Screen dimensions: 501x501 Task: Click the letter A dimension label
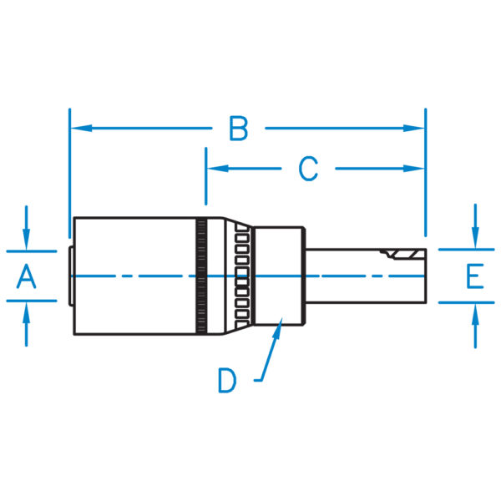tap(27, 276)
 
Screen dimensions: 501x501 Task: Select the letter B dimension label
tap(239, 129)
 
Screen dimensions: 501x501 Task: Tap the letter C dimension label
tap(309, 169)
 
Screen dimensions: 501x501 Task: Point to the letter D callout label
tap(227, 380)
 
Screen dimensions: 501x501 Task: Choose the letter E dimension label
tap(474, 276)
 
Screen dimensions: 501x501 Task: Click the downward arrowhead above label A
tap(27, 240)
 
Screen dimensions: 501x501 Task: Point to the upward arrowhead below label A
tap(27, 311)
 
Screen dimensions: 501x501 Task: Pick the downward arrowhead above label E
tap(474, 240)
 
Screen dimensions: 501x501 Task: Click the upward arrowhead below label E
tap(474, 311)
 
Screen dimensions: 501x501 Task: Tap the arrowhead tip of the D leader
tap(281, 325)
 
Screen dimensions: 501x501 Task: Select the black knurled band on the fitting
tap(201, 276)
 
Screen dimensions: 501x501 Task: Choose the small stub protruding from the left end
tap(70, 276)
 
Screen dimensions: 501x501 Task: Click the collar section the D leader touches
tap(280, 276)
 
